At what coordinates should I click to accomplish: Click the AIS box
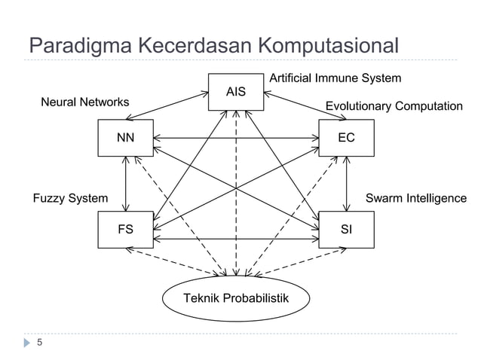point(236,92)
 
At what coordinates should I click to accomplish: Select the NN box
point(125,138)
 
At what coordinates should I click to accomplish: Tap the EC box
point(346,138)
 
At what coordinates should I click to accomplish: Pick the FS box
point(125,230)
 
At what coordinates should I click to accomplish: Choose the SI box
point(346,230)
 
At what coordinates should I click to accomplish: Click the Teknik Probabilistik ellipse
point(236,299)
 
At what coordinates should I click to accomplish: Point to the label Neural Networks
point(84,102)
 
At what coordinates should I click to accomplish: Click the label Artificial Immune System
point(335,78)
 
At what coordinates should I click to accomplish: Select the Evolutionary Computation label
point(394,107)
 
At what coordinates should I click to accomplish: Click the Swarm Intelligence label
point(415,199)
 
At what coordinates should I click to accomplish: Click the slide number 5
point(40,343)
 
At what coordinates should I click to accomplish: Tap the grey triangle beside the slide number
point(29,343)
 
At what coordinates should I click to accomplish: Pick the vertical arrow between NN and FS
point(126,185)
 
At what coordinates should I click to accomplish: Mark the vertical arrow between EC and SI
point(346,185)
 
